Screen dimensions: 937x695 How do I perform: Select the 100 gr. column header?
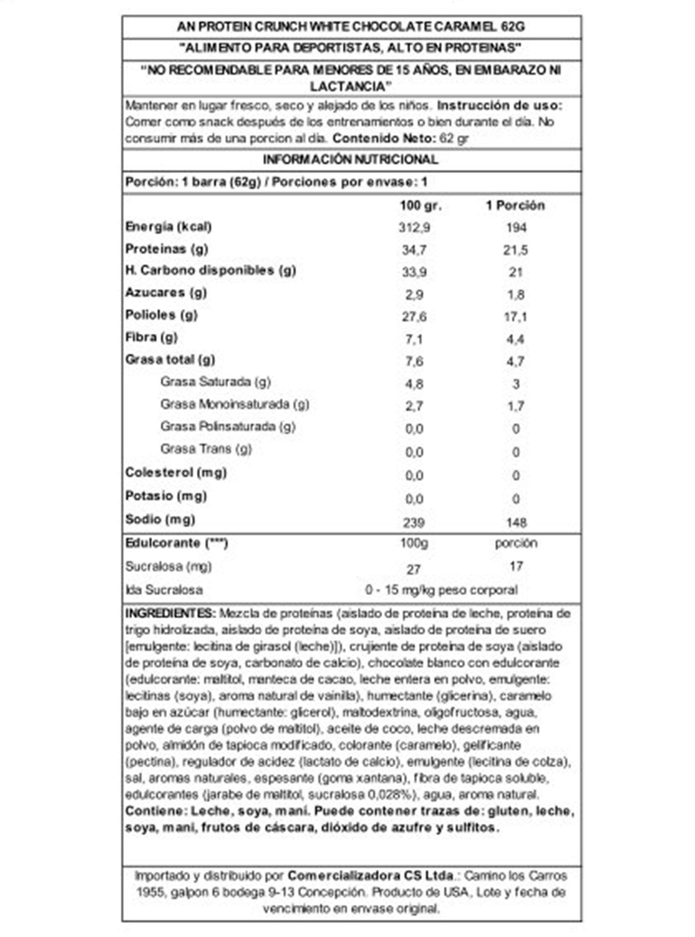(x=420, y=206)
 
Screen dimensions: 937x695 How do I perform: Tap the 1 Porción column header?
(x=515, y=206)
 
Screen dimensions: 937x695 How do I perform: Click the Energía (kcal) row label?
(x=168, y=227)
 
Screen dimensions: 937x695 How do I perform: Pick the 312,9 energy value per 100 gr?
(x=415, y=228)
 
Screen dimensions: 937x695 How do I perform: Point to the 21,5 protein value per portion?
(x=515, y=250)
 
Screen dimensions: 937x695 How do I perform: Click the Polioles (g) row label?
(x=161, y=315)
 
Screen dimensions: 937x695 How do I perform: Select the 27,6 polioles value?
(x=415, y=317)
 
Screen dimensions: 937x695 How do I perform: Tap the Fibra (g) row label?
(x=152, y=337)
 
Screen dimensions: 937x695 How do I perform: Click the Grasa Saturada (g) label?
(x=215, y=382)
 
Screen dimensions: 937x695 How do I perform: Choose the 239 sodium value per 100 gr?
(x=413, y=522)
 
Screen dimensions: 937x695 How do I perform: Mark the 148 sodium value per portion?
(x=516, y=522)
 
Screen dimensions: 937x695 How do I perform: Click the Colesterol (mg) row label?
(x=176, y=473)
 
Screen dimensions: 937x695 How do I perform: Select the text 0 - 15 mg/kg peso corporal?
(x=441, y=590)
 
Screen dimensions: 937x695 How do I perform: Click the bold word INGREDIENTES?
(x=170, y=613)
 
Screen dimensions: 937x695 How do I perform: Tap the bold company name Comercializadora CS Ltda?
(x=370, y=876)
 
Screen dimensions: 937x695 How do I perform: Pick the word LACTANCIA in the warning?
(x=348, y=87)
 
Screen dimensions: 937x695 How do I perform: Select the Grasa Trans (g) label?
(x=206, y=449)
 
